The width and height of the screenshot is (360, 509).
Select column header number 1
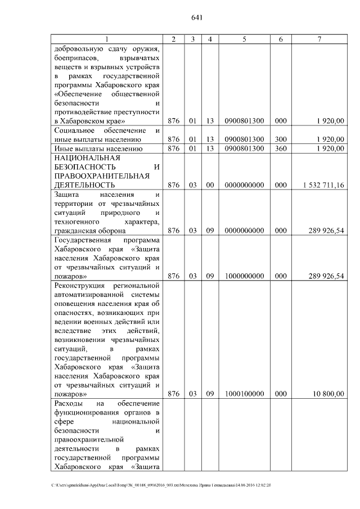(106, 39)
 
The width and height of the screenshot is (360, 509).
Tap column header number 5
(244, 39)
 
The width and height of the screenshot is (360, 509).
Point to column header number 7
(319, 39)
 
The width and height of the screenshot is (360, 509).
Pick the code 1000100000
(244, 394)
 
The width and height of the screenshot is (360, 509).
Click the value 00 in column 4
(209, 184)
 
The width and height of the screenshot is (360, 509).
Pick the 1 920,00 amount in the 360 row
(330, 148)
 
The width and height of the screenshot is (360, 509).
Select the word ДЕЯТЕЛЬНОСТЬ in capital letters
(85, 184)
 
